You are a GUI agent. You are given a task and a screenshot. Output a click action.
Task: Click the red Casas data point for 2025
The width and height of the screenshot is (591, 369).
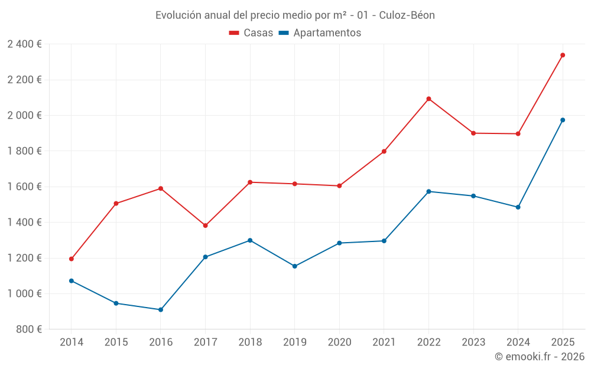pos(563,55)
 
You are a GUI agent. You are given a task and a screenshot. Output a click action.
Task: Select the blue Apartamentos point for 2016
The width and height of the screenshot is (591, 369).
pos(161,309)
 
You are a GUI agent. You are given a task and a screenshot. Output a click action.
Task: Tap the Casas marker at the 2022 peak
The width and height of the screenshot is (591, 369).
pos(428,99)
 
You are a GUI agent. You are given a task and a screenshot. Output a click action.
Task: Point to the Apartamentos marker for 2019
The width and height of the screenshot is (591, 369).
pos(295,266)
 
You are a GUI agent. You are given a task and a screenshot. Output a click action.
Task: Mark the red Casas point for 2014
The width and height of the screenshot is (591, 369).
pos(72,259)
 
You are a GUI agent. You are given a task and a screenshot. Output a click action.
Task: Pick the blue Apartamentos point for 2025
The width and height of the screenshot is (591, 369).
pos(563,120)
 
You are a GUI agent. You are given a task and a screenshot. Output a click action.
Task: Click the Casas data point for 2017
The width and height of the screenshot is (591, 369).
pos(205,226)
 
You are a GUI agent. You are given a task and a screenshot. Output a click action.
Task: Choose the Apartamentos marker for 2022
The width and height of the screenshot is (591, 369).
pos(428,191)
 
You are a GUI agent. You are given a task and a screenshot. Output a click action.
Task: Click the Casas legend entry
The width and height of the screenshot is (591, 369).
pos(251,33)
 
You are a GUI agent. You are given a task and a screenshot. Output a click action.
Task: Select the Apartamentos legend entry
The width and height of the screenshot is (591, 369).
pos(320,33)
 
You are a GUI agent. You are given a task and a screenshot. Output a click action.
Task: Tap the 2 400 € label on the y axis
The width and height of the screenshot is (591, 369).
pos(24,44)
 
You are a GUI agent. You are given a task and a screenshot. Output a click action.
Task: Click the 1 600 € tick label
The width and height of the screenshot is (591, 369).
pos(24,187)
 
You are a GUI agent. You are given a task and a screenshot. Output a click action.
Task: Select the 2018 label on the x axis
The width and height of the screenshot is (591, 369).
pos(250,342)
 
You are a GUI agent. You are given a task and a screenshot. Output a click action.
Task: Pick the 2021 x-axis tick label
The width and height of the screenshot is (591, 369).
pos(384,342)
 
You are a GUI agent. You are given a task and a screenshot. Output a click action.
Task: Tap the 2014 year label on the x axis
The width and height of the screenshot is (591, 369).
pos(72,342)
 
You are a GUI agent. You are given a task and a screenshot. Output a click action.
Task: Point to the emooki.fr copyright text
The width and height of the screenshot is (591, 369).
pos(539,357)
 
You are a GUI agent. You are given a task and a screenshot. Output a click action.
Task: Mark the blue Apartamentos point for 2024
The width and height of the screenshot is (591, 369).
pos(518,207)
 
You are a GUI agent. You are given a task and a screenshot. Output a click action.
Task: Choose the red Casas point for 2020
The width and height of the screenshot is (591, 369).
pos(339,186)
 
